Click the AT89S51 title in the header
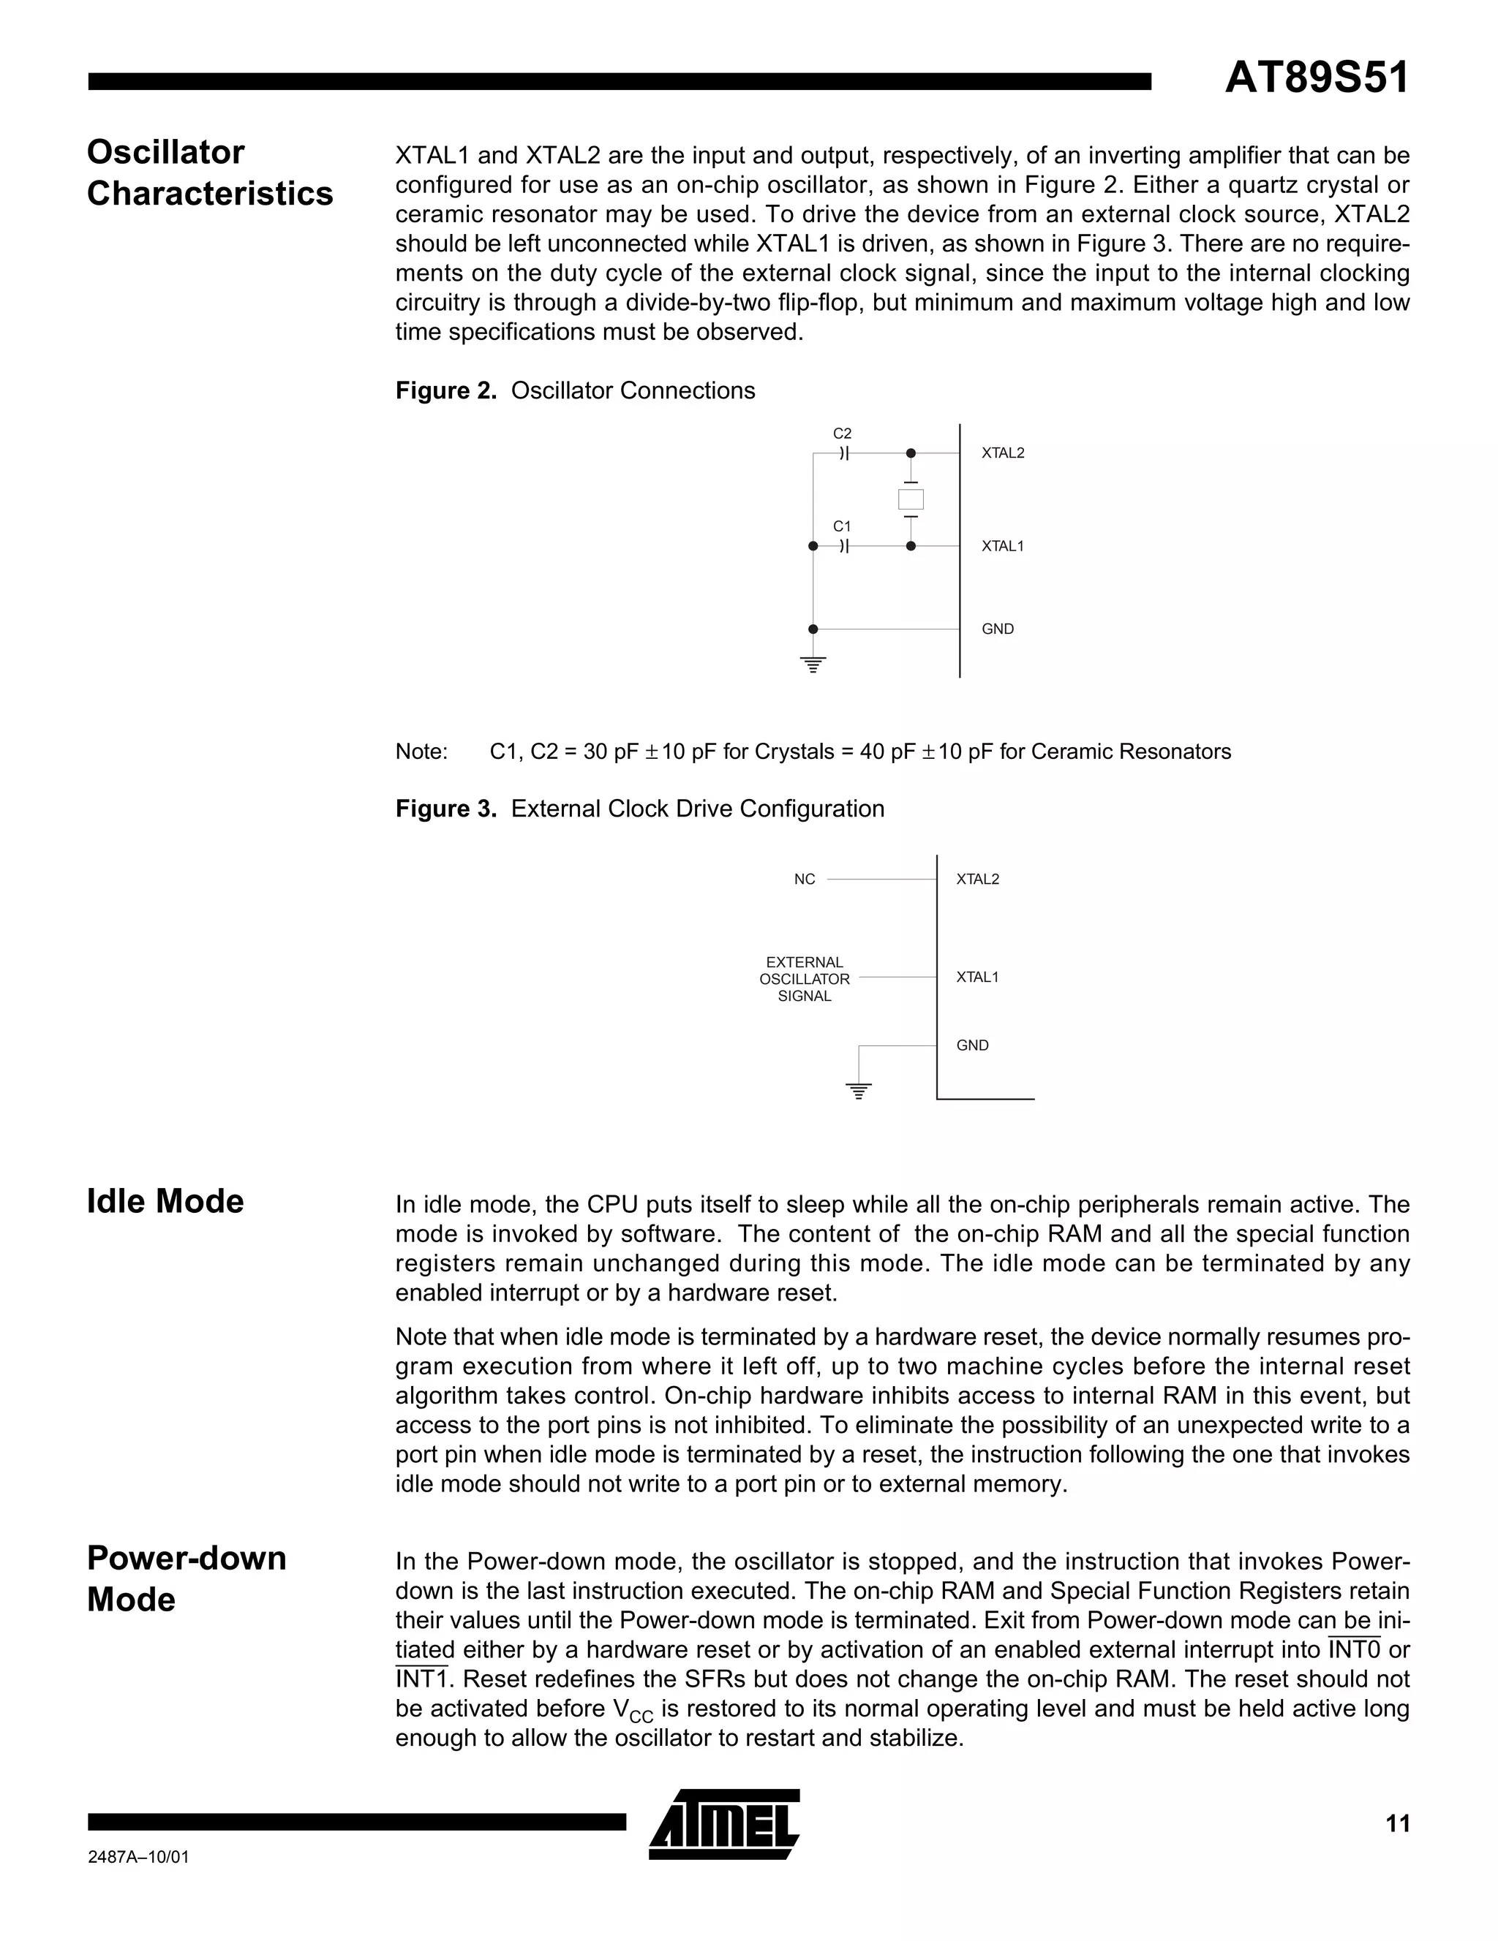[1316, 78]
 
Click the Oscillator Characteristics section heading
[210, 173]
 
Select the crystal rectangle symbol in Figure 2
[911, 499]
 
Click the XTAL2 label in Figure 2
[1003, 453]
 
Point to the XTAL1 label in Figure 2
[1003, 547]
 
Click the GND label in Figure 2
[998, 629]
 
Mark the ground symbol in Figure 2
[813, 664]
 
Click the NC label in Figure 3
[805, 880]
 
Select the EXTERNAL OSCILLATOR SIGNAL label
[805, 980]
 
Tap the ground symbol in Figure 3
[859, 1091]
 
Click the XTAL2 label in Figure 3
[978, 880]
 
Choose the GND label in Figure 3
[973, 1046]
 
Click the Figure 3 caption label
[640, 809]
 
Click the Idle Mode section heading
[165, 1202]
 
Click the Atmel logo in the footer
[725, 1824]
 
